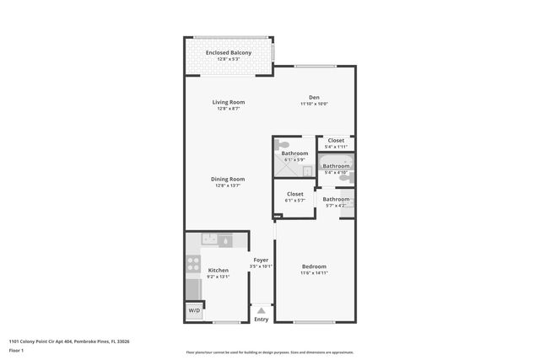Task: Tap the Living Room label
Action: point(228,102)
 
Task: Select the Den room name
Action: point(314,97)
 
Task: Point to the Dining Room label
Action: point(228,179)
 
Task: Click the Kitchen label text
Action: point(218,270)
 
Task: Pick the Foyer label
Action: point(261,260)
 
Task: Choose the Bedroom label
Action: point(314,266)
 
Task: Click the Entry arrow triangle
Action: point(261,310)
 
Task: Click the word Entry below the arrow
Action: point(261,320)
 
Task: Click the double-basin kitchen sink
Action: point(208,240)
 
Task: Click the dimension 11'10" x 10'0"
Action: point(314,104)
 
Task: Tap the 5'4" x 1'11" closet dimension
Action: point(336,147)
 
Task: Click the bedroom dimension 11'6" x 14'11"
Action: point(314,273)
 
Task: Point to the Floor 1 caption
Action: point(16,350)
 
